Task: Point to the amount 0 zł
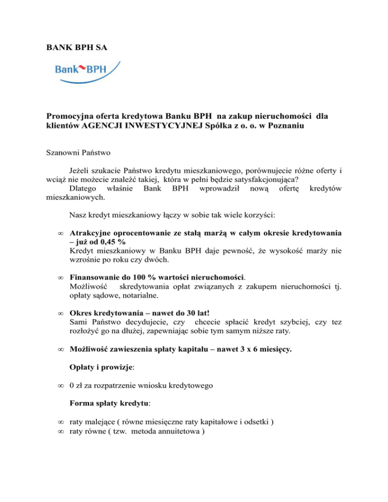coord(76,388)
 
